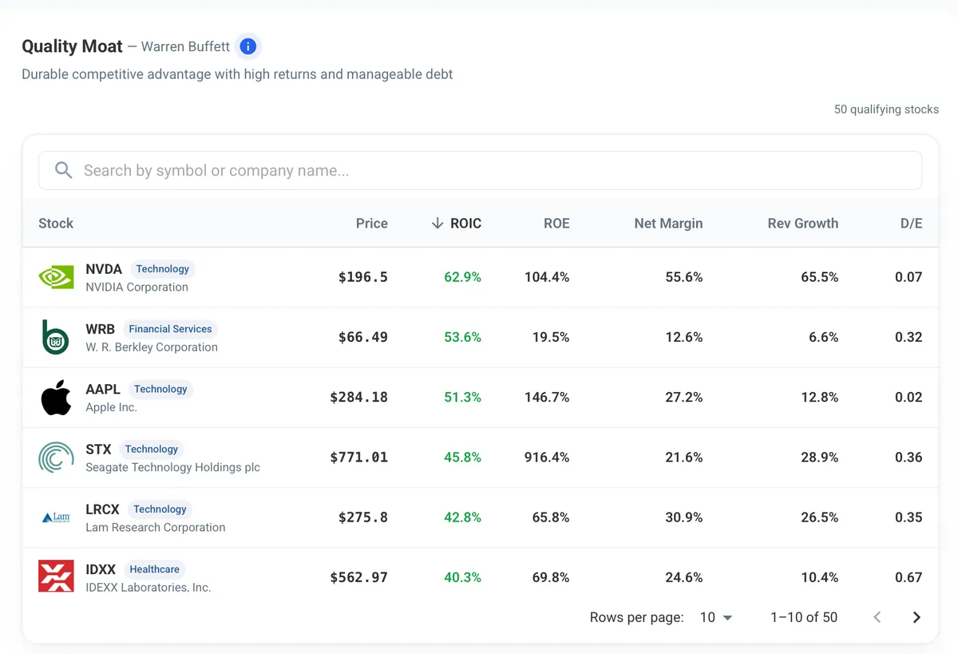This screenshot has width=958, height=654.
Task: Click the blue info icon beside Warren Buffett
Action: [x=248, y=46]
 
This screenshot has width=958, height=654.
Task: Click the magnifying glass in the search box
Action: [x=63, y=170]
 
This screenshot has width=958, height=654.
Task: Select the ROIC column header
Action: [x=465, y=224]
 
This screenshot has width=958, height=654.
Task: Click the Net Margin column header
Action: [x=668, y=224]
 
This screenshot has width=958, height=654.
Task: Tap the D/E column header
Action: [x=911, y=224]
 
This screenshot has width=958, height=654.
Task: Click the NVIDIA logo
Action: [x=56, y=277]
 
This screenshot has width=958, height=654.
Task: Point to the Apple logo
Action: [x=56, y=398]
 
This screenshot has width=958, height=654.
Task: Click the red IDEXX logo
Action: [x=56, y=576]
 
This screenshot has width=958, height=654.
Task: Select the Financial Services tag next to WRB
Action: [x=170, y=329]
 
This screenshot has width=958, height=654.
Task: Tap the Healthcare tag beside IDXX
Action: [x=154, y=569]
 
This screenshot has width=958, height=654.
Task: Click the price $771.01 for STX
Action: [x=358, y=458]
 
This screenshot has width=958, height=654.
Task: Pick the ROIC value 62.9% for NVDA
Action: [x=462, y=277]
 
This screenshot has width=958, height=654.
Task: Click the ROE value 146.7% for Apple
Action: [x=547, y=398]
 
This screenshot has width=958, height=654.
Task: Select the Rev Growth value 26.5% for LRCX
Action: [x=819, y=517]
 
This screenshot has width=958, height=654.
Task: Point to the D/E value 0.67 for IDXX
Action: [x=909, y=577]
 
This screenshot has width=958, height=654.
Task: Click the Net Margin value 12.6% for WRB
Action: [x=684, y=337]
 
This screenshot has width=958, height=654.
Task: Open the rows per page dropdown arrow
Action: [x=727, y=617]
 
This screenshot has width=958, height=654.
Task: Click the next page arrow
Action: [x=916, y=617]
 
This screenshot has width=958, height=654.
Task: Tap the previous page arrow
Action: [x=877, y=617]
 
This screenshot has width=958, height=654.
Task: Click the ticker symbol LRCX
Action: [x=102, y=509]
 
